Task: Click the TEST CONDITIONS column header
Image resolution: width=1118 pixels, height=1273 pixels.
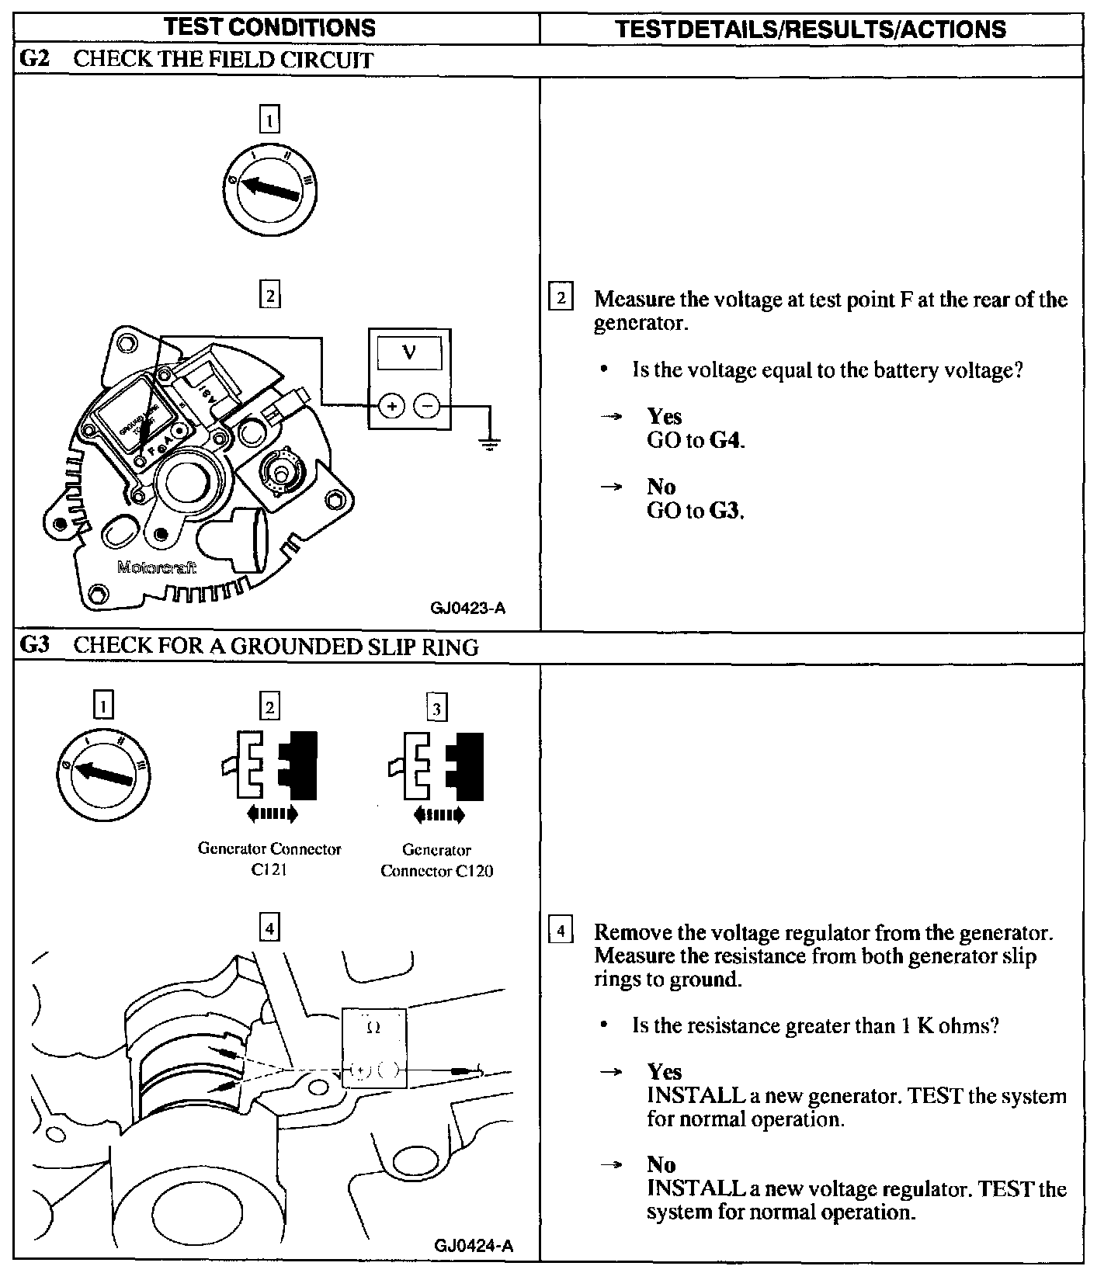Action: coord(270,28)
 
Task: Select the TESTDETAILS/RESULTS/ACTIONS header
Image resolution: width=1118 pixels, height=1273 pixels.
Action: coord(811,29)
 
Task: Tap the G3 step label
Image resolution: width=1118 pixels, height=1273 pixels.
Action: coord(33,646)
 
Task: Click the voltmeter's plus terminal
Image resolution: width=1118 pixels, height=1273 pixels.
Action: coord(391,406)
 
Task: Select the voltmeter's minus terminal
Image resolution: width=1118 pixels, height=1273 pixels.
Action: coord(426,406)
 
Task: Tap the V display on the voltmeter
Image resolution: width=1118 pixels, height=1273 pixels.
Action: coord(409,354)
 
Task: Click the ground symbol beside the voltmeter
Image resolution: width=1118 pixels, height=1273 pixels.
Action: coord(489,443)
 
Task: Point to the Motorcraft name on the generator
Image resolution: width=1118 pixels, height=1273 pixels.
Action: coord(157,567)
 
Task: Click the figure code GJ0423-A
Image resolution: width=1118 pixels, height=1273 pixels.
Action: coord(467,608)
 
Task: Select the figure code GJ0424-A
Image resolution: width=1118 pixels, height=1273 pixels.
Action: coord(474,1246)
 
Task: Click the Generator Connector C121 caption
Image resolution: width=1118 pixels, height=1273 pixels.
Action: coord(269,859)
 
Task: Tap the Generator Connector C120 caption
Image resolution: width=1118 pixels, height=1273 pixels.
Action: coord(436,860)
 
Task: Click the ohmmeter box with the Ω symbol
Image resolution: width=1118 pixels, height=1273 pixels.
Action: coord(374,1047)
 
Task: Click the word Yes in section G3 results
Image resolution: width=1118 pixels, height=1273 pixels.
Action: coord(664,1072)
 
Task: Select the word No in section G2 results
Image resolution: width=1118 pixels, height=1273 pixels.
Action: coord(661,487)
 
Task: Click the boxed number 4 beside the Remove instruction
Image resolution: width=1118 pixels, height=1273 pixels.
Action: coord(561,930)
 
